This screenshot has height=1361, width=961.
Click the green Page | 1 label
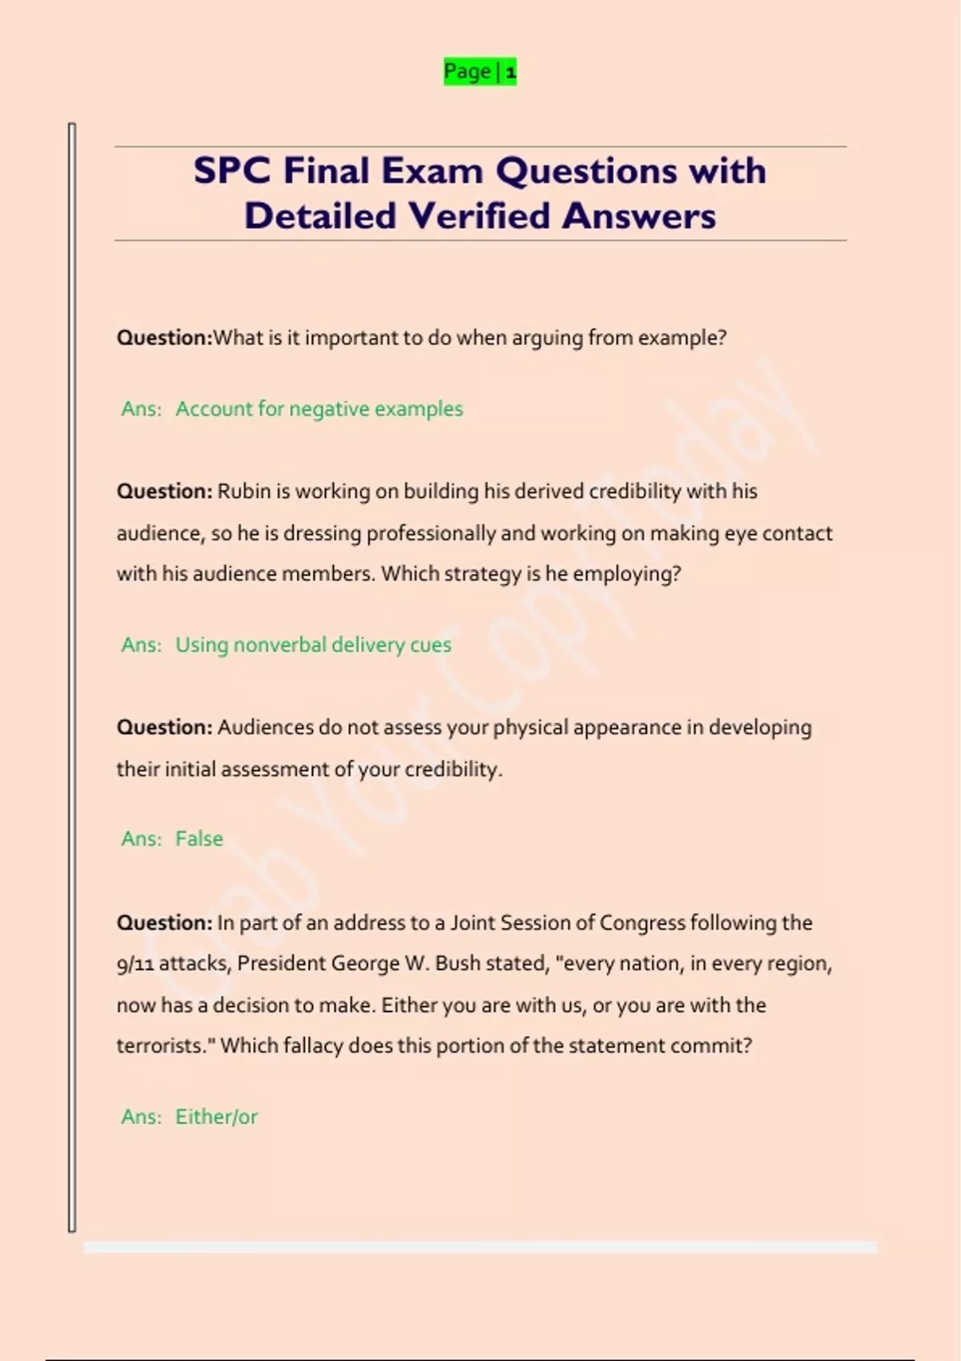tap(480, 71)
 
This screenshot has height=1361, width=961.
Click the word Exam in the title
tap(432, 171)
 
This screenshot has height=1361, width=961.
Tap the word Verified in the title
tap(480, 215)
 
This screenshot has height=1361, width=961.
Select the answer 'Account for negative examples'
tap(319, 409)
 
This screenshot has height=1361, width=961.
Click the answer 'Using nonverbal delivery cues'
tap(313, 645)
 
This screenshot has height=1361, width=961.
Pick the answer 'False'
tap(199, 839)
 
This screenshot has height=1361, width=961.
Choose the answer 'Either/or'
tap(216, 1117)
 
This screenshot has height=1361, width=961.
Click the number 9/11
tap(135, 964)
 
